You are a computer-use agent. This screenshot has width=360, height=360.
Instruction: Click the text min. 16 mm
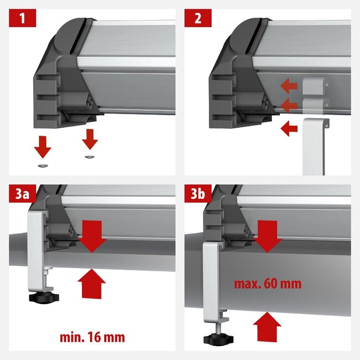point(92,336)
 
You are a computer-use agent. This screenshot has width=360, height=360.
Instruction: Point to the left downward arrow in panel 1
point(43,147)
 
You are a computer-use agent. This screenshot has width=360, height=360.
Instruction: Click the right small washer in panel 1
point(89,157)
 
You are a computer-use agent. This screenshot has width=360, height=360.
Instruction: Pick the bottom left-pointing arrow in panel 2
point(288,129)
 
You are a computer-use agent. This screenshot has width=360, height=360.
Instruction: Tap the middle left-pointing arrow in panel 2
point(288,104)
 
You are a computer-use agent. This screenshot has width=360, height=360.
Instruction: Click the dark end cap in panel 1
point(61,83)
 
